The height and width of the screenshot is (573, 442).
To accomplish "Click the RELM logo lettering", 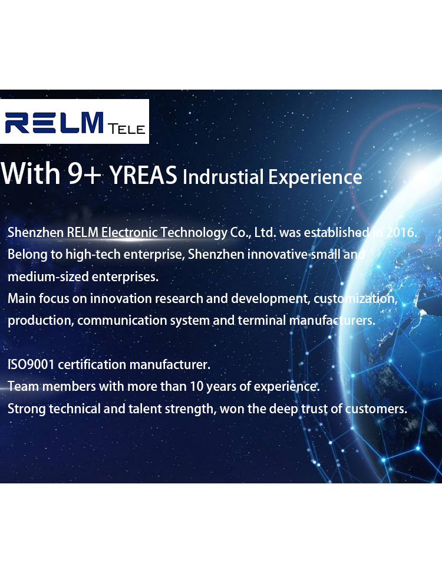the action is (54, 123).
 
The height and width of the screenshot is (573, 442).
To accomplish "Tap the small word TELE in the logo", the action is (126, 129).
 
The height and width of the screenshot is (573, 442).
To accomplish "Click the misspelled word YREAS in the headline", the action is (143, 175).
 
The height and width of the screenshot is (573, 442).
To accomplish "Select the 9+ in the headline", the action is (84, 173).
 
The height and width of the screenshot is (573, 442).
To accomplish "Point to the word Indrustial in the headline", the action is (223, 177).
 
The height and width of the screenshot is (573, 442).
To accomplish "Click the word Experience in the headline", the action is (315, 177).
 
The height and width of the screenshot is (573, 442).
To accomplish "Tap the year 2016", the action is (401, 232).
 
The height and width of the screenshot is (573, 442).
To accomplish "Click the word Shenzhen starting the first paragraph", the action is (35, 232).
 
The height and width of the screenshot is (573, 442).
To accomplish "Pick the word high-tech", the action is (93, 254).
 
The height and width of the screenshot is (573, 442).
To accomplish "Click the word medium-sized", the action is (48, 276).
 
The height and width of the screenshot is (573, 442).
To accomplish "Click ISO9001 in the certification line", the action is (31, 365).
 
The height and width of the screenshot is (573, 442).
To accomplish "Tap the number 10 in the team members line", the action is (196, 387).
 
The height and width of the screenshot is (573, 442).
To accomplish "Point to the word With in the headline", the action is (31, 173).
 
